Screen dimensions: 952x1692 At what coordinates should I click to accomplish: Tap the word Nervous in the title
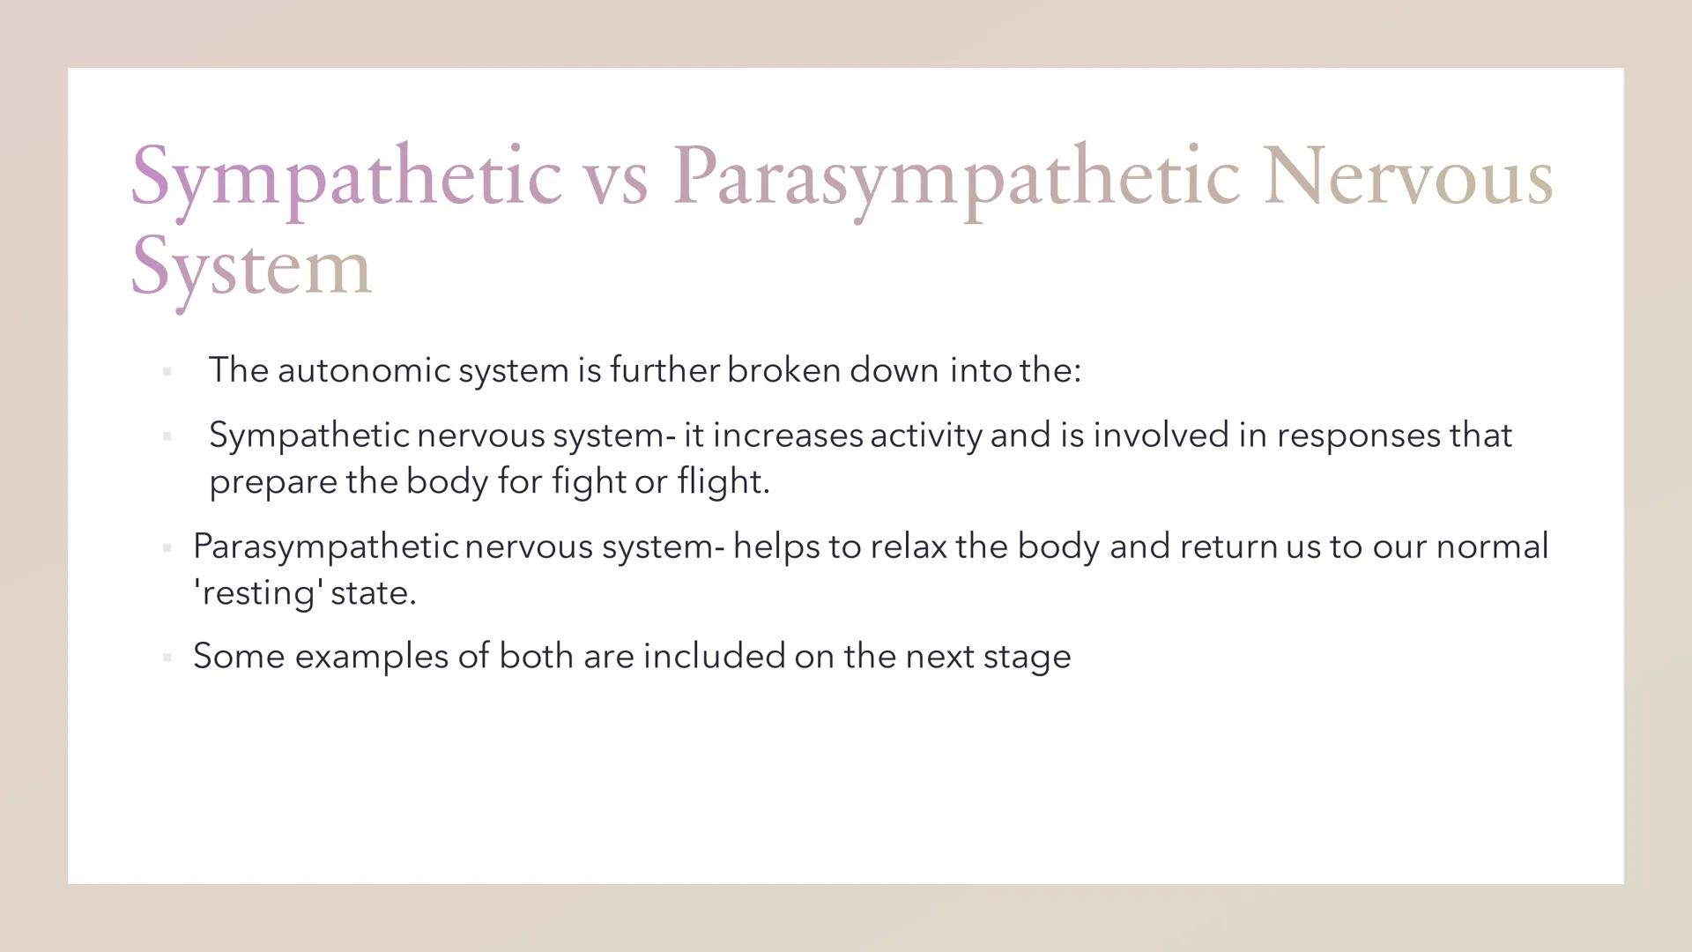coord(1407,176)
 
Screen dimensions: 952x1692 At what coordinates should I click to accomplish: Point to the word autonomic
coord(364,370)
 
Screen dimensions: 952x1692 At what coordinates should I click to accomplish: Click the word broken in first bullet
coord(783,370)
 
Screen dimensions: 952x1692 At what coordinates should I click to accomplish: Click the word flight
coord(723,481)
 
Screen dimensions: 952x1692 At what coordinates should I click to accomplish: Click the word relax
coord(908,547)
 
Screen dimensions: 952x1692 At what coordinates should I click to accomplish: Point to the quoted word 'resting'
coord(256,592)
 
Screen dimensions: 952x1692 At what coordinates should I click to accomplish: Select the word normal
coord(1492,547)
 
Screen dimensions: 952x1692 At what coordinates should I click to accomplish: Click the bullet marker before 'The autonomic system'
coord(167,372)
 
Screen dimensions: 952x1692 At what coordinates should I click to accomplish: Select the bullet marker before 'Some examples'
coord(167,658)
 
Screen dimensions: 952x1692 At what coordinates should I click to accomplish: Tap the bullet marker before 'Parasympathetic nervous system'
coord(167,548)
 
